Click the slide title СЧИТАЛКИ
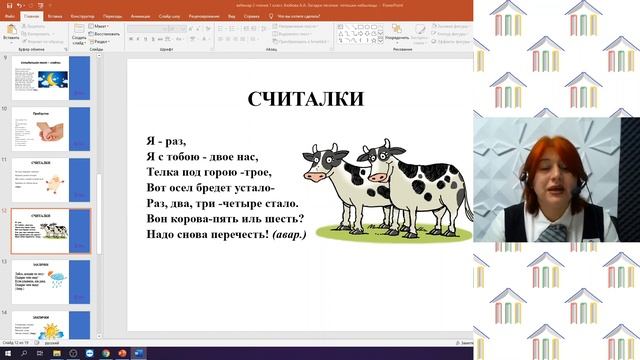[x=305, y=99]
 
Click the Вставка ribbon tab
[x=55, y=17]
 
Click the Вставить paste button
[x=10, y=37]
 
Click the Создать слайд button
[x=79, y=37]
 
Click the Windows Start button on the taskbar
[x=6, y=353]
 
